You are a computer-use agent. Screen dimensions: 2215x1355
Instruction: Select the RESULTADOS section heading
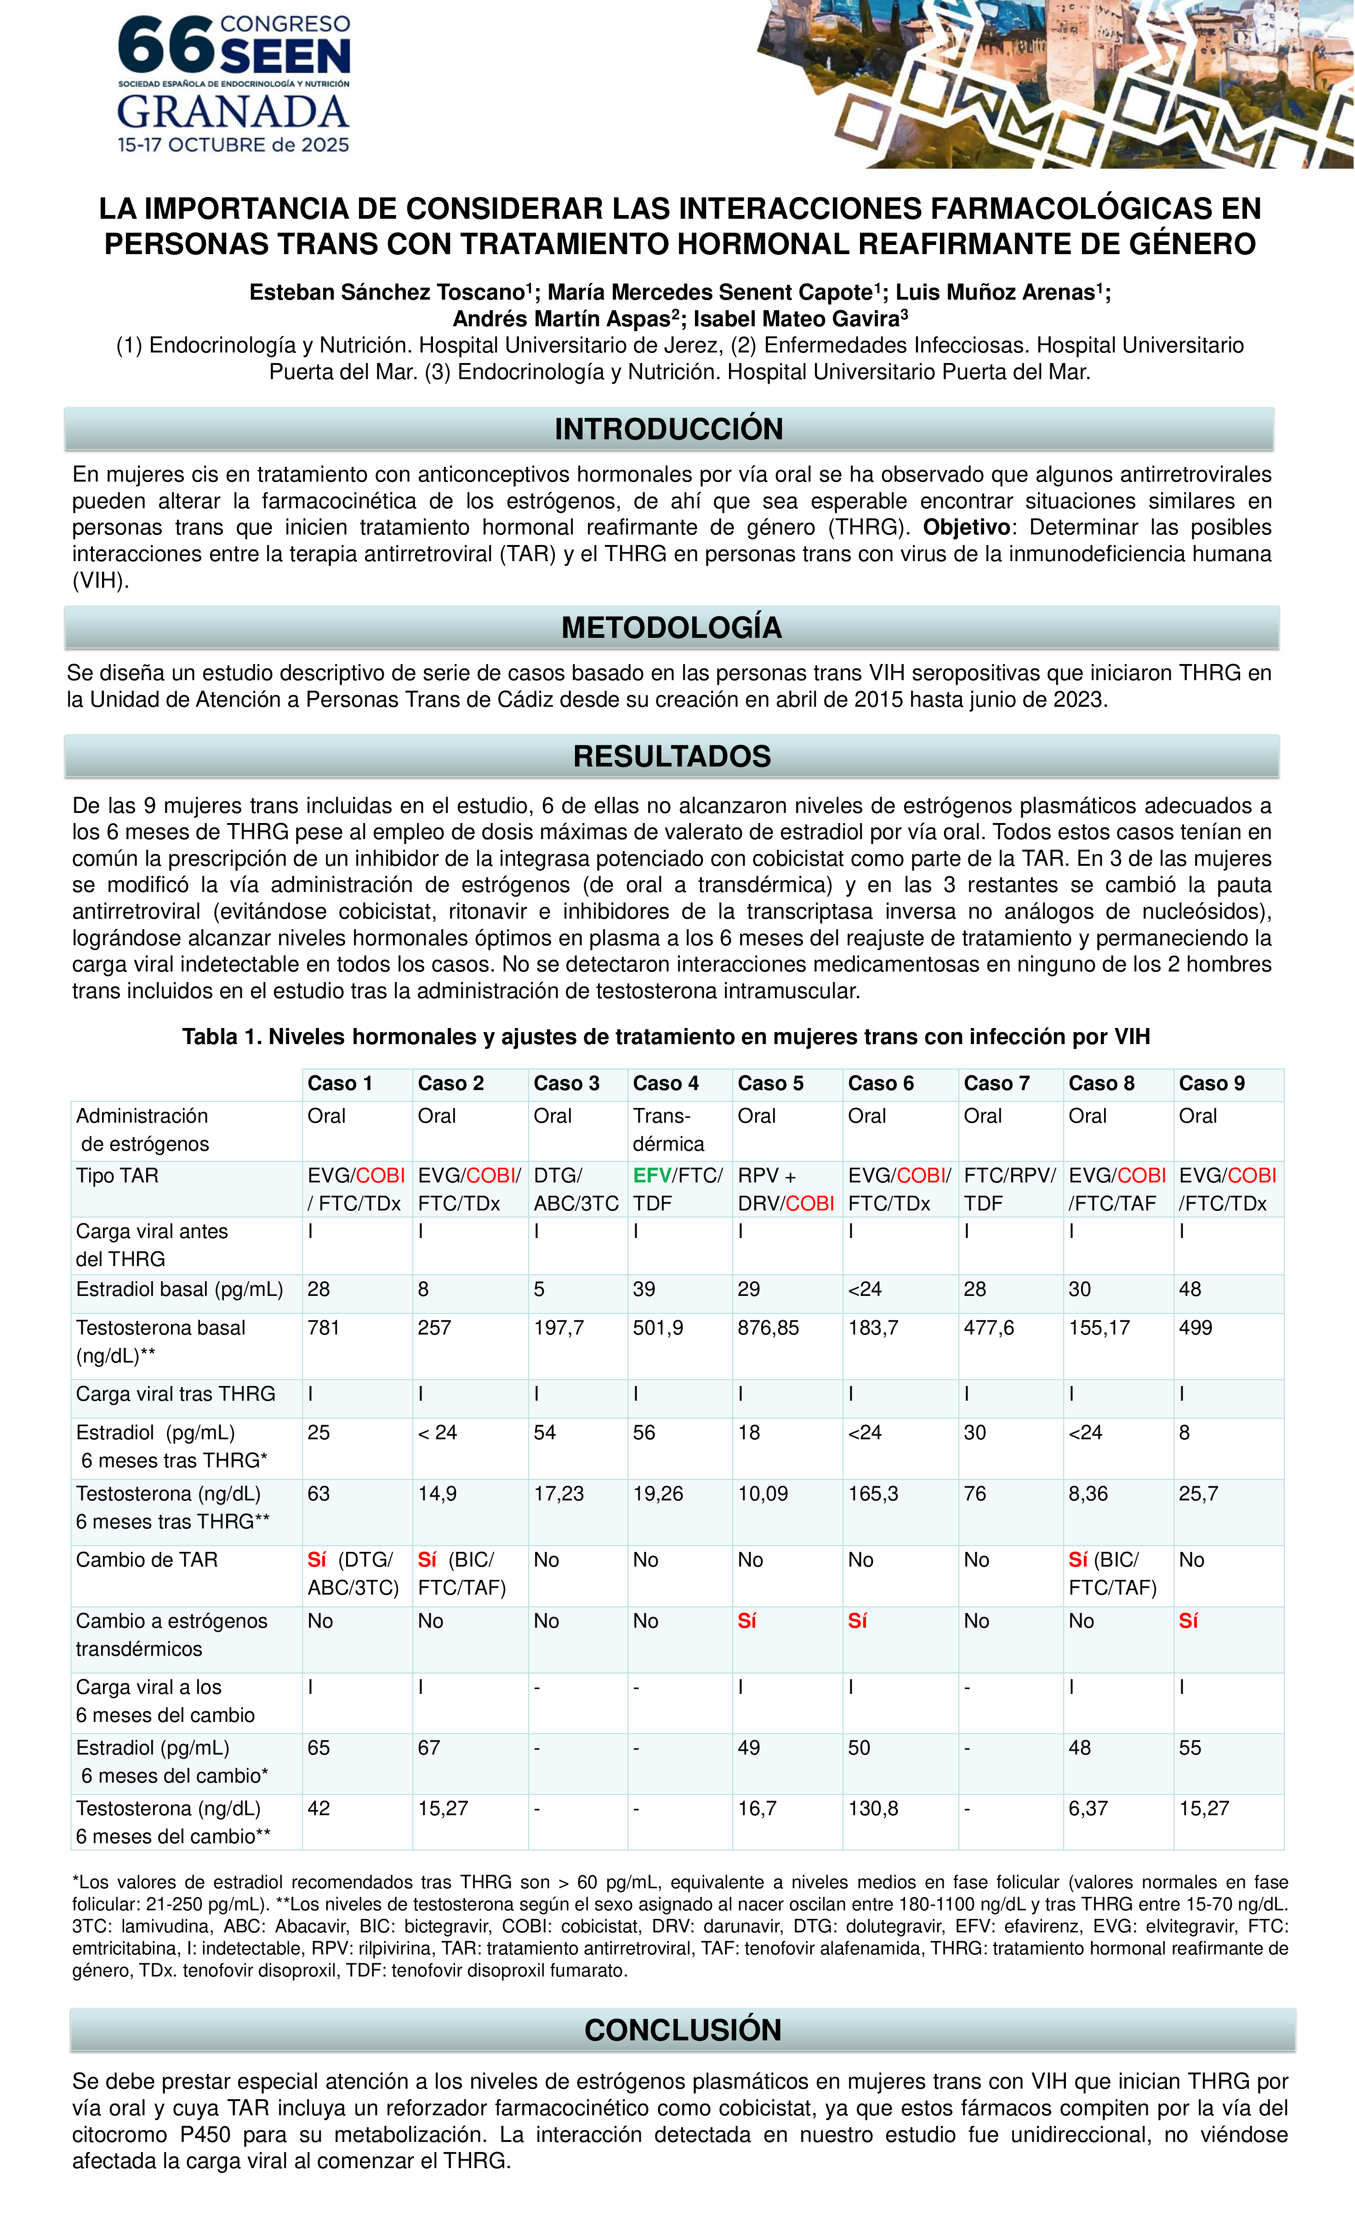[672, 756]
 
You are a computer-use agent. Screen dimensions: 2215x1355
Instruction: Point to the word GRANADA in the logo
[233, 112]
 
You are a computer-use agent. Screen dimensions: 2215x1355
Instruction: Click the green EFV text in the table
[652, 1176]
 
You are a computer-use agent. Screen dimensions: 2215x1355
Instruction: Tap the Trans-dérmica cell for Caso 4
[668, 1130]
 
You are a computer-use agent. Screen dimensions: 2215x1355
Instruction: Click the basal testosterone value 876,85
[768, 1328]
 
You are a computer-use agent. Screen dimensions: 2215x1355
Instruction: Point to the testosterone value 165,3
[873, 1494]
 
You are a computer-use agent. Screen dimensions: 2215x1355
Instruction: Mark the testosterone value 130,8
[873, 1809]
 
